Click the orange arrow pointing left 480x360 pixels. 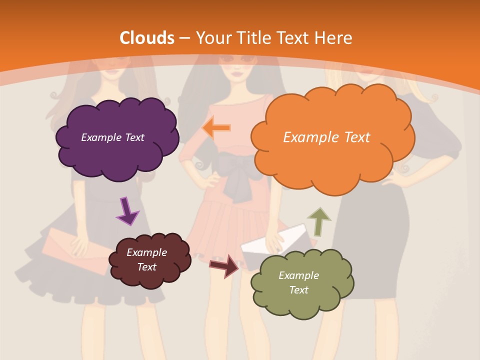pos(216,128)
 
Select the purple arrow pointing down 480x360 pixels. pos(127,211)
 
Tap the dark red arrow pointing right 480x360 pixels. pos(224,265)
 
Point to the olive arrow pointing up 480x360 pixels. pos(318,221)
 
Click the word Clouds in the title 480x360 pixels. pos(147,37)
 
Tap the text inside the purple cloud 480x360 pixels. pos(112,137)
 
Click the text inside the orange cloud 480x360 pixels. pos(326,137)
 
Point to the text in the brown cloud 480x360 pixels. pos(146,259)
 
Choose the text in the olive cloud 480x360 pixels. pos(298,282)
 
